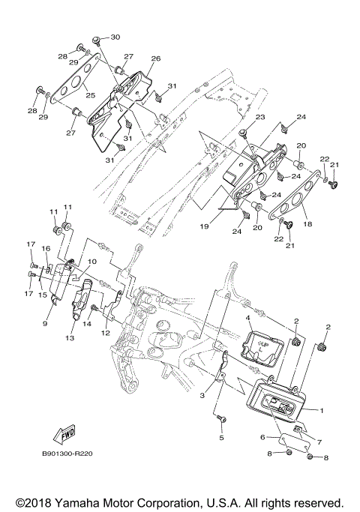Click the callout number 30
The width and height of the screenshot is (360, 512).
[115, 37]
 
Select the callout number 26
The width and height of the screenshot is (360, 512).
[156, 58]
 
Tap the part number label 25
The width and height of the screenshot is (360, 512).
[89, 95]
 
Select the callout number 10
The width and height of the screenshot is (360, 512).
[93, 262]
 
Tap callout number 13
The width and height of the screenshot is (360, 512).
[70, 338]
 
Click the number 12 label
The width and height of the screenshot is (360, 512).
[106, 332]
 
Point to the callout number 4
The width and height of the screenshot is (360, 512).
[247, 319]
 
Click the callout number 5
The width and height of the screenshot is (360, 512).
[221, 437]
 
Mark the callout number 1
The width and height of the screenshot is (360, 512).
[322, 411]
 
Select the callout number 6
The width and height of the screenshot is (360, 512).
[262, 436]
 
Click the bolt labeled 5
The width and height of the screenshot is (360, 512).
[220, 416]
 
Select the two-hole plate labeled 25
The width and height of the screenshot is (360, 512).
[71, 84]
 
